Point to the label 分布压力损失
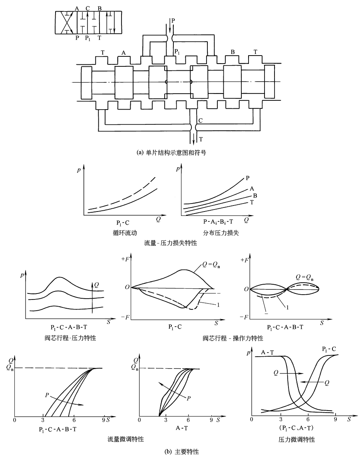[215, 233]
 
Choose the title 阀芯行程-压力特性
[66, 338]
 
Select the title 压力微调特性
[296, 439]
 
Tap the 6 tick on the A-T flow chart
[188, 420]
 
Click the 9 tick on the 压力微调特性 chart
[336, 418]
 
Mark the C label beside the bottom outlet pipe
[201, 120]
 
